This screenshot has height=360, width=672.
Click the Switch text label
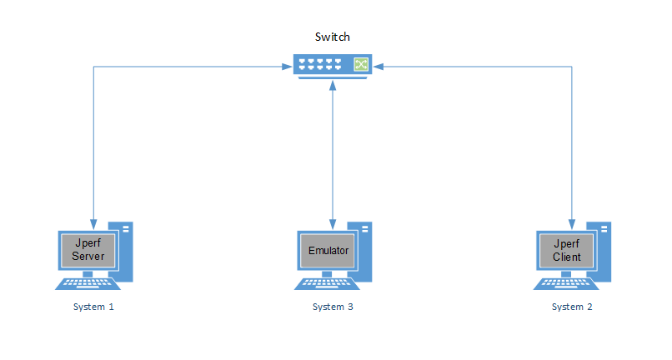[332, 37]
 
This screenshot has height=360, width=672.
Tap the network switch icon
[332, 64]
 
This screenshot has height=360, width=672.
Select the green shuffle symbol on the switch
[361, 64]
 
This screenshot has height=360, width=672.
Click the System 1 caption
[93, 307]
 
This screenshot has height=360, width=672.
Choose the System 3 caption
[333, 307]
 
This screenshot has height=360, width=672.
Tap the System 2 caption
[572, 307]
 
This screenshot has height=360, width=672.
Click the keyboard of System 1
[88, 283]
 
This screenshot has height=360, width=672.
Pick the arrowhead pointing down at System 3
[333, 223]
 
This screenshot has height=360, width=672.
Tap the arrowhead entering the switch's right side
[378, 66]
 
